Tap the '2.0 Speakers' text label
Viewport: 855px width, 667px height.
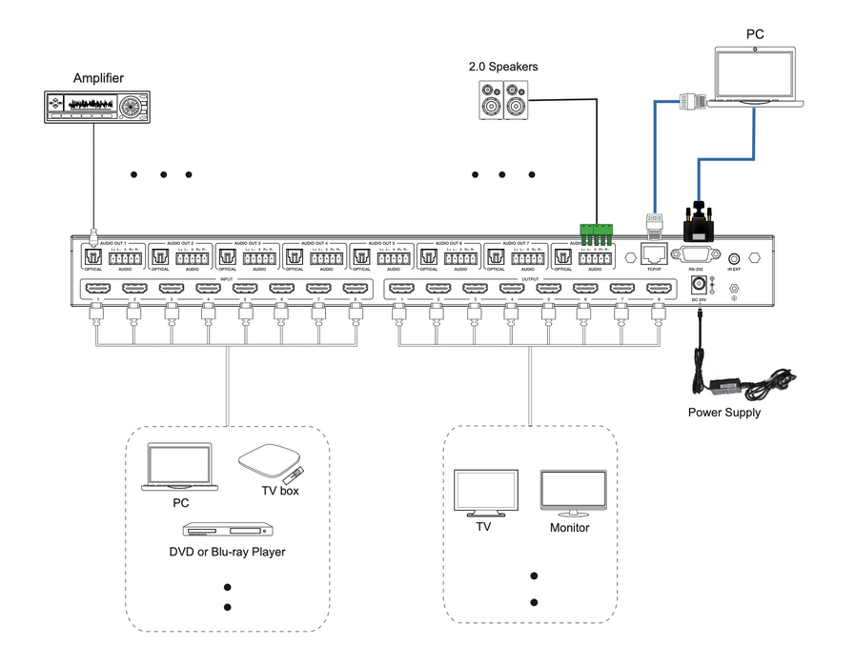[502, 67]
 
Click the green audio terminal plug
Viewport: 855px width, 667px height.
[595, 232]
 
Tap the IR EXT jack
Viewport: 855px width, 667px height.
[734, 257]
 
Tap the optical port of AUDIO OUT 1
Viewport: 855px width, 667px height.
[93, 257]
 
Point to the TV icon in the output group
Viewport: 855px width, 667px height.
[484, 492]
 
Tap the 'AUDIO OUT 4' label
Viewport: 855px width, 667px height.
[315, 244]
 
